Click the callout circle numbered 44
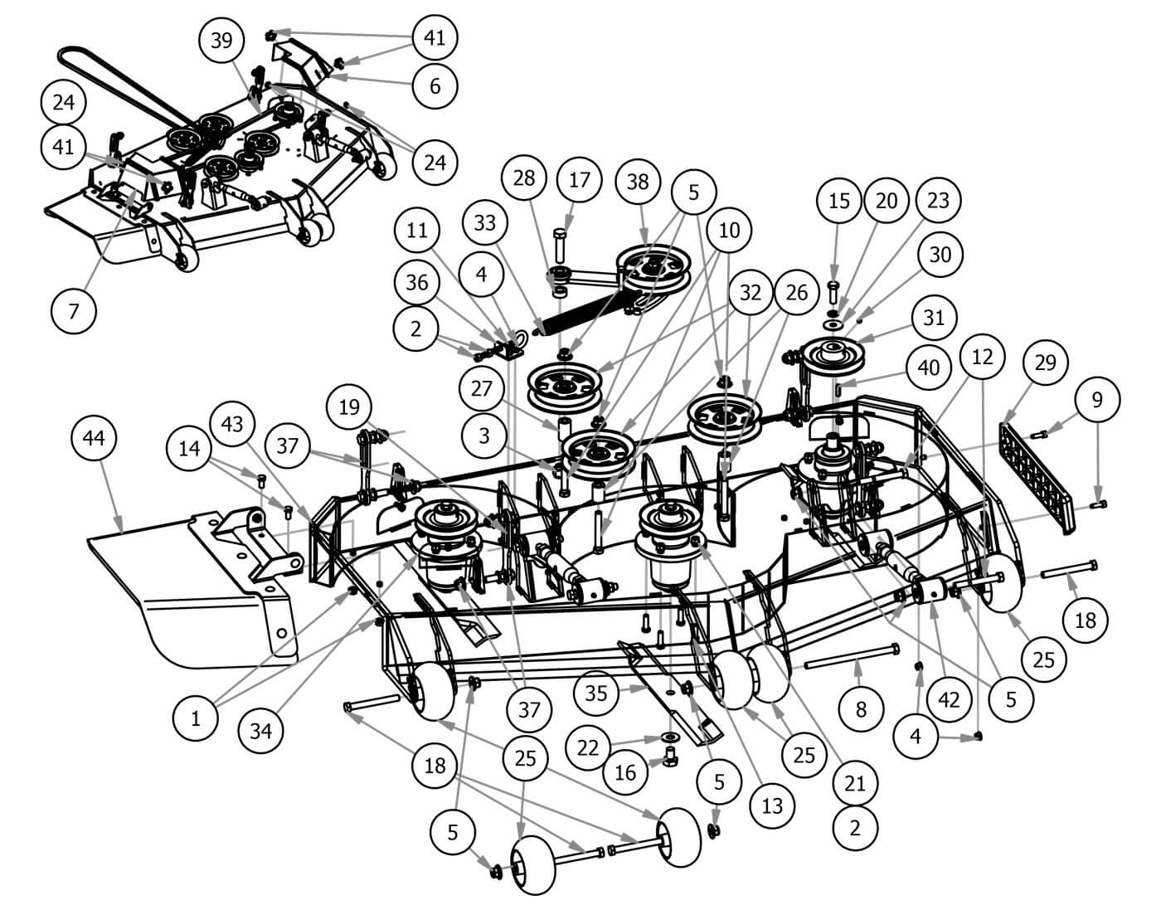[x=95, y=437]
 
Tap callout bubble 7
[x=74, y=310]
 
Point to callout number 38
[x=637, y=181]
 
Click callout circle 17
[x=580, y=181]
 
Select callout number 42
[x=948, y=698]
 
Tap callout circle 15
[x=839, y=201]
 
